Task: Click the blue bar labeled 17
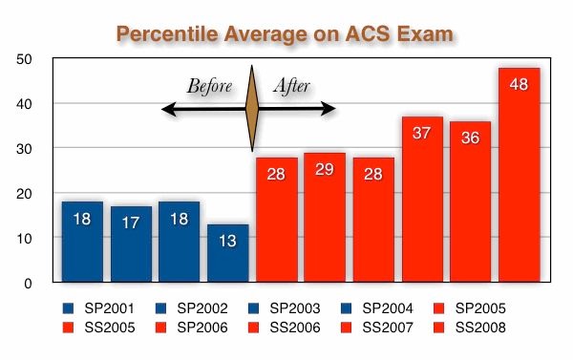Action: pyautogui.click(x=131, y=244)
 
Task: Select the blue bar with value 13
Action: pyautogui.click(x=227, y=253)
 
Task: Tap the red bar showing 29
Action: pyautogui.click(x=325, y=217)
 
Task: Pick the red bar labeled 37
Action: pyautogui.click(x=422, y=200)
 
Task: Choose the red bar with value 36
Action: pyautogui.click(x=470, y=201)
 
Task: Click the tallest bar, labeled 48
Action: pyautogui.click(x=519, y=175)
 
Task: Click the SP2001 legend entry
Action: pyautogui.click(x=98, y=308)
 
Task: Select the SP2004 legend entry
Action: pyautogui.click(x=377, y=308)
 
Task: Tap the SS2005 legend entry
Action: pyautogui.click(x=98, y=328)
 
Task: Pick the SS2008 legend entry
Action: pyautogui.click(x=470, y=328)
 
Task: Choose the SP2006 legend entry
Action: pyautogui.click(x=191, y=328)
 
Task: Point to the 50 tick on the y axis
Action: pyautogui.click(x=24, y=59)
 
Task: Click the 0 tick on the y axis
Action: pyautogui.click(x=28, y=284)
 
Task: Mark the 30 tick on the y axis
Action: pyautogui.click(x=24, y=149)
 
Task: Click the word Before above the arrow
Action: pyautogui.click(x=209, y=86)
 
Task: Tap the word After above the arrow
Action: pyautogui.click(x=292, y=86)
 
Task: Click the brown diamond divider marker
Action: pyautogui.click(x=252, y=109)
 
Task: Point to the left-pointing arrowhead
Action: pyautogui.click(x=169, y=109)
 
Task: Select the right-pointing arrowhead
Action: pyautogui.click(x=329, y=109)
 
